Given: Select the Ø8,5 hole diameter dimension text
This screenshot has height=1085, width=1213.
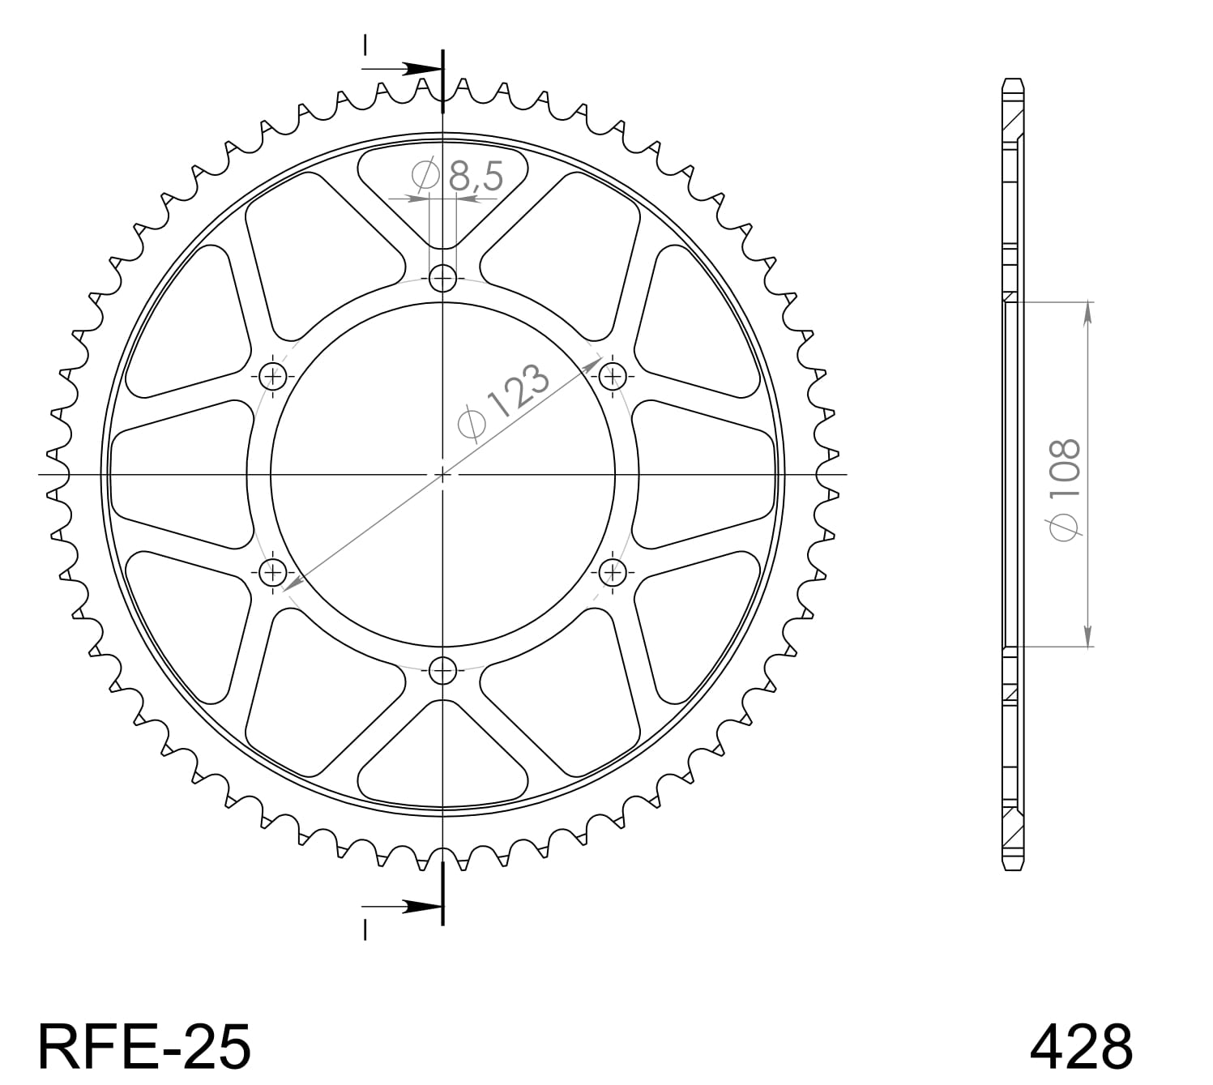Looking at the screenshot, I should pos(459,176).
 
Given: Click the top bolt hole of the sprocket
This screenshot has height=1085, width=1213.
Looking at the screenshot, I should pos(442,279).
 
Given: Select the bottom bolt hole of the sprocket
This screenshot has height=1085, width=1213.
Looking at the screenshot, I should pos(442,670).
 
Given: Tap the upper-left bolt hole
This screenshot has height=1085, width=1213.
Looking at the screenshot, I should pos(273,376).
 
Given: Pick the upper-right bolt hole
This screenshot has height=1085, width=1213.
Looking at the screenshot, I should pos(613,376).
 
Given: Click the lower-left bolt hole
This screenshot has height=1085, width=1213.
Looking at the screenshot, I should pos(273,573).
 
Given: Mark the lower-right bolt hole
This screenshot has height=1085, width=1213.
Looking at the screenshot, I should pos(613,573).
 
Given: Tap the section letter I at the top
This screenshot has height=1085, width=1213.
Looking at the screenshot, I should pos(365,45).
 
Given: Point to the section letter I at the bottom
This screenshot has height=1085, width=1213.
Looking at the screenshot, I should pos(365,930).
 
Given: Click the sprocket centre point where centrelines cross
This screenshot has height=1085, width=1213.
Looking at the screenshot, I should pos(442,474).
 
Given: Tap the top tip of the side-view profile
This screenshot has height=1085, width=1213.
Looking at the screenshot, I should pos(1013,80).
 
